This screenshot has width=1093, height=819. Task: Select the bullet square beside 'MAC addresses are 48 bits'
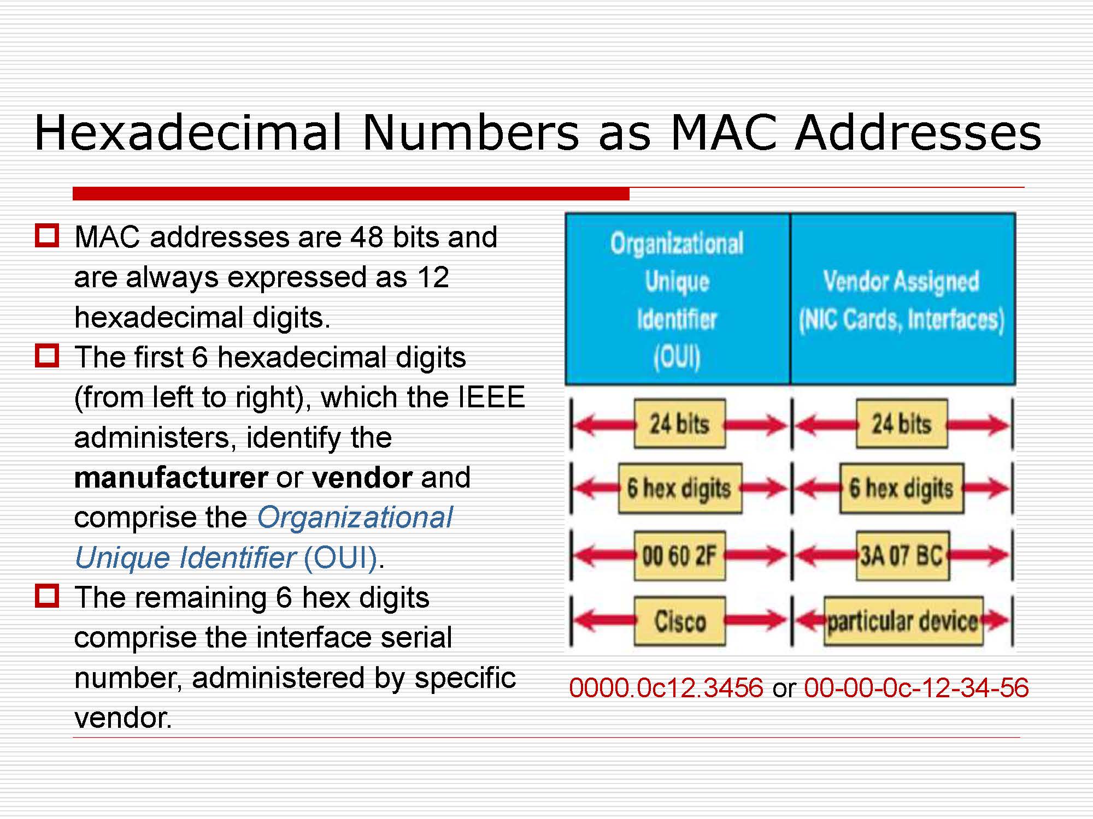pos(47,235)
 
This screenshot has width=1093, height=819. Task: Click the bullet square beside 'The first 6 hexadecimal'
pos(47,355)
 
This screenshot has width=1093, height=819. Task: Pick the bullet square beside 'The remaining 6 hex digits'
pos(47,596)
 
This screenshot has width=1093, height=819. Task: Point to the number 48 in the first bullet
pos(367,237)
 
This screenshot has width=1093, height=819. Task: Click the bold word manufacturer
pos(171,478)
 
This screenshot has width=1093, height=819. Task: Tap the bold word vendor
pos(362,478)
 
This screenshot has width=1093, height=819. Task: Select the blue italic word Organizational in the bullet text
pos(355,518)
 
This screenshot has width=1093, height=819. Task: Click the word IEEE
pos(491,397)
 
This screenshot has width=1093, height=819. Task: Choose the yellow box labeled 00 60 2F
pos(679,556)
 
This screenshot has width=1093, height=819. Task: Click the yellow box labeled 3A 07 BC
pos(902,556)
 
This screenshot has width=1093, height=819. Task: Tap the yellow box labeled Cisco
pos(680,621)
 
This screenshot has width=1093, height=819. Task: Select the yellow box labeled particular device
pos(903,621)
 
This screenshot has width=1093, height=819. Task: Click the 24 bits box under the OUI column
pos(679,424)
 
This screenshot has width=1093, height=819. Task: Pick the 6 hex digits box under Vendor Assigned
pos(902,489)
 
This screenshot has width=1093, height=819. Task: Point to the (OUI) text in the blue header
pos(677,357)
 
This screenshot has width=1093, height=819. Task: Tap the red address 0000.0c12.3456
pos(666,687)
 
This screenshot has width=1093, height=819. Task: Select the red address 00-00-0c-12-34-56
pos(916,687)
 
